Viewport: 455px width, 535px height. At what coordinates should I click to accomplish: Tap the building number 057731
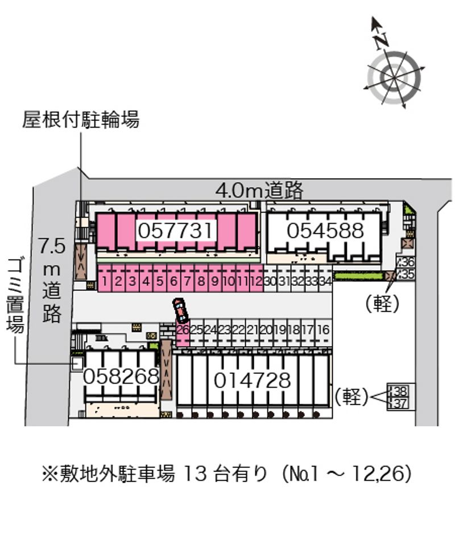[x=175, y=231]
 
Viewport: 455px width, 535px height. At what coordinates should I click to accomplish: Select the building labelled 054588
[x=325, y=231]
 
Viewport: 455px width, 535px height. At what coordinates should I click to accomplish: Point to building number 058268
[x=121, y=376]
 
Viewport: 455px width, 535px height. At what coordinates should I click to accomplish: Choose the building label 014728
[x=252, y=380]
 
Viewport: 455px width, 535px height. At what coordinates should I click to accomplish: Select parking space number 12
[x=256, y=281]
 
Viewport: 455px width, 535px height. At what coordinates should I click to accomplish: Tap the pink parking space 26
[x=183, y=330]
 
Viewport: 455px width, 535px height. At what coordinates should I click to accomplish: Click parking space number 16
[x=323, y=330]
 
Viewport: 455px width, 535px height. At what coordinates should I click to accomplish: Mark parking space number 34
[x=325, y=281]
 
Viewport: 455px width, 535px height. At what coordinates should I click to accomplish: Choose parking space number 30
[x=270, y=281]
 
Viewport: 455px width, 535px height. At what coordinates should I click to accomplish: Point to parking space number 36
[x=407, y=262]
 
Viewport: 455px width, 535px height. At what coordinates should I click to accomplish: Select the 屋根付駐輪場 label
[x=81, y=120]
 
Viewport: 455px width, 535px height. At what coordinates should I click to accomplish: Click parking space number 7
[x=187, y=281]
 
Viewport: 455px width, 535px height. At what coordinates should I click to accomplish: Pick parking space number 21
[x=253, y=330]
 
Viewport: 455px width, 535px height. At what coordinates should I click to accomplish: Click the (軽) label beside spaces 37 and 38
[x=352, y=397]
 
